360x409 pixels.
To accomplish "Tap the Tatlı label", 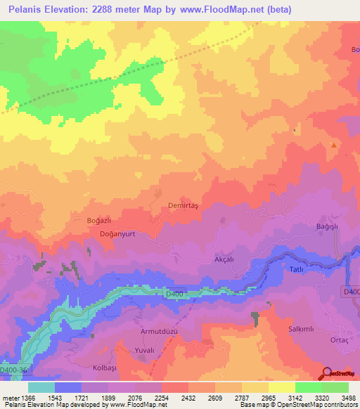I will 297,269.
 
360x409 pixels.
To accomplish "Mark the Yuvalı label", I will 144,349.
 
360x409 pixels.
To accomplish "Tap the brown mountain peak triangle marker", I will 333,144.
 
